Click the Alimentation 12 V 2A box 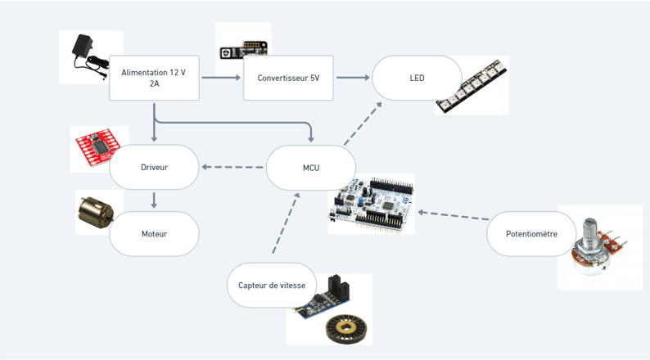tap(153, 78)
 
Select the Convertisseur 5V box tap(288, 78)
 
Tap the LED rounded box tap(417, 78)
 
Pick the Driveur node tap(154, 167)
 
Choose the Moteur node tap(154, 233)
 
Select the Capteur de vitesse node tap(272, 285)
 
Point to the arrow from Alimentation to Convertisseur tap(221, 78)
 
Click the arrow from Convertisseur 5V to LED tap(353, 78)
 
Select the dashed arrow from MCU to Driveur tap(232, 168)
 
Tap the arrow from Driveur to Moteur tap(154, 200)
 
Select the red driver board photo tap(97, 147)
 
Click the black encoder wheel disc tap(347, 329)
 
